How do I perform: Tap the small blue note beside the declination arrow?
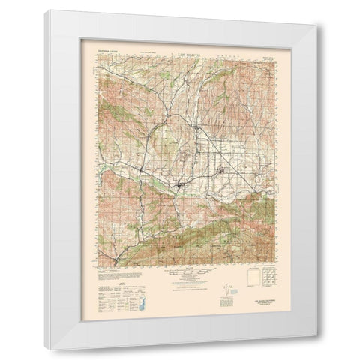pyautogui.click(x=234, y=288)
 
